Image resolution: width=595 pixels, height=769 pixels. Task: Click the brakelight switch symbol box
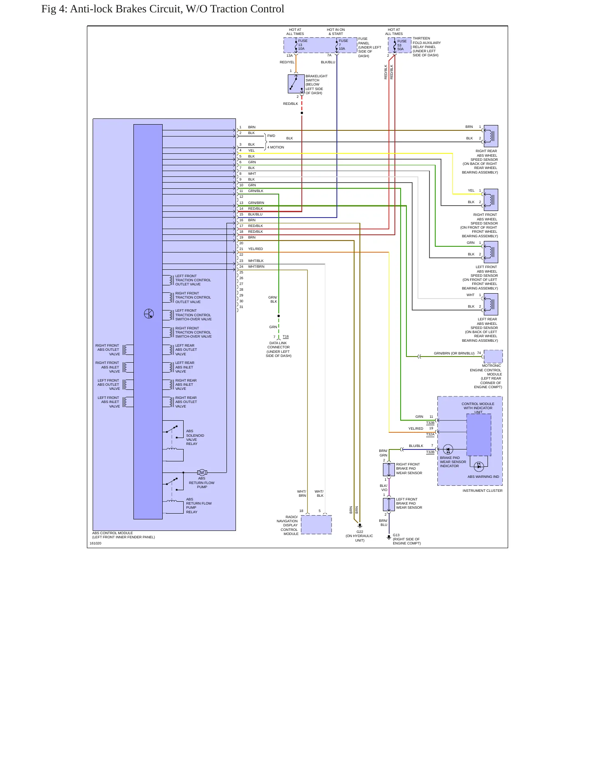[296, 84]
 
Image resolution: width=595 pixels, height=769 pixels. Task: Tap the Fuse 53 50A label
[401, 45]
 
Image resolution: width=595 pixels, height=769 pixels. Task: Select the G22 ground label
[360, 532]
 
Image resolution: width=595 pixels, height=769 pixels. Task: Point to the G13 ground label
[396, 535]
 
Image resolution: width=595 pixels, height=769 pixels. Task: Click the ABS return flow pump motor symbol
[202, 473]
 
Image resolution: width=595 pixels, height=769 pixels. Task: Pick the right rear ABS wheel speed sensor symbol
[491, 136]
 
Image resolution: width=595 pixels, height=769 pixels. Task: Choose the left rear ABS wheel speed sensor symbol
[491, 304]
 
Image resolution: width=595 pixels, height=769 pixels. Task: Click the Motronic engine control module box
[493, 356]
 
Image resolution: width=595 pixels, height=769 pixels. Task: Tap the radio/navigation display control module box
[316, 525]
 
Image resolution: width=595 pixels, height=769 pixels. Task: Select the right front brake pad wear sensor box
[389, 469]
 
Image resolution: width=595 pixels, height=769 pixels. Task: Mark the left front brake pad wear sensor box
[389, 504]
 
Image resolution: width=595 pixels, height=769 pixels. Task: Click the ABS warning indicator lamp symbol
[478, 466]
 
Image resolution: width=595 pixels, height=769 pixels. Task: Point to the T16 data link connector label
[286, 336]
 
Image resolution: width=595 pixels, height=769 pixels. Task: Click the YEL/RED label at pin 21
[255, 249]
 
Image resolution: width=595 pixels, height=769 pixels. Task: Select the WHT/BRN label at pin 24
[256, 266]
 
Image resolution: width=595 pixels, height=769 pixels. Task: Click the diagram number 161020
[96, 543]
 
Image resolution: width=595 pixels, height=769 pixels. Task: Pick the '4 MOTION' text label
[276, 147]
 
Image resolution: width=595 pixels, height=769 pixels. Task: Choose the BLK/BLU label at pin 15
[255, 214]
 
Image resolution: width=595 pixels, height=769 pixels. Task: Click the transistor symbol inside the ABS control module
[149, 314]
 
